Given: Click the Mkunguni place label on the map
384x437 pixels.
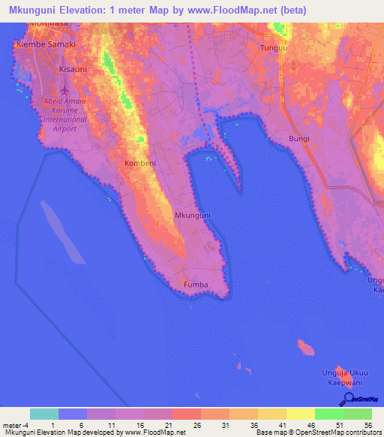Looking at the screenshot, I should [x=193, y=215].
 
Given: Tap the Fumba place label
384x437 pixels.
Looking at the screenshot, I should [x=195, y=285].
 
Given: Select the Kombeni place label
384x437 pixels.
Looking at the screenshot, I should [x=139, y=162].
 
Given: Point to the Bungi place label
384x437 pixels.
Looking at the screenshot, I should [x=299, y=139].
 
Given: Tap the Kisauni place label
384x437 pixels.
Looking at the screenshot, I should [x=73, y=68].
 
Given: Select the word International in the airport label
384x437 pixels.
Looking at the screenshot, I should [x=64, y=119].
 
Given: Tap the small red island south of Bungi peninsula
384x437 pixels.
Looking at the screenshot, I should [x=305, y=347].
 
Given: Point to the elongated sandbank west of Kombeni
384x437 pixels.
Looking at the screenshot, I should [x=61, y=230].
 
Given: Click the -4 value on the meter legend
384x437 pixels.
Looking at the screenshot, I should [x=30, y=425].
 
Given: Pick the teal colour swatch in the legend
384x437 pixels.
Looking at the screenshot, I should [x=44, y=414].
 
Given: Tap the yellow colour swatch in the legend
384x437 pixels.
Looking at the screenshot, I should [x=300, y=414].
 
